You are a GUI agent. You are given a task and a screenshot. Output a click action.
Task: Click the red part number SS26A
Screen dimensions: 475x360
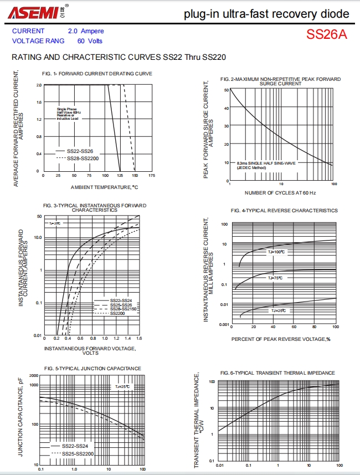(327, 34)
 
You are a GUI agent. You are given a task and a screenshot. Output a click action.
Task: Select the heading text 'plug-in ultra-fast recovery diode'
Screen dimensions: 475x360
(267, 14)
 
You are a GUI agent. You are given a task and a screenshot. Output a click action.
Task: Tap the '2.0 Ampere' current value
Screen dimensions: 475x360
(86, 32)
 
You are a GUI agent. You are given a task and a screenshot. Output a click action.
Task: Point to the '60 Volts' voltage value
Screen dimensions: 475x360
(90, 40)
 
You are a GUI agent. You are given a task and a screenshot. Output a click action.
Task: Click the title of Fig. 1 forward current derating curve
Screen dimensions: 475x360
(97, 74)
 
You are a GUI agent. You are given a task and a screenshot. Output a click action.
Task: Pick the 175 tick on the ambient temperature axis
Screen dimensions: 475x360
(152, 176)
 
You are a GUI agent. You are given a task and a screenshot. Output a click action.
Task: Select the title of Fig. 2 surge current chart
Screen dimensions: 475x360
(280, 81)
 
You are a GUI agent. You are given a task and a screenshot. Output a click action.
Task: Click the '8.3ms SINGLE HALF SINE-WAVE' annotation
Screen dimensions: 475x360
(266, 164)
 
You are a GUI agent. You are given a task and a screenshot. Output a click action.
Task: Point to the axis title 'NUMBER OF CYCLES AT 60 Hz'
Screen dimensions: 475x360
(280, 192)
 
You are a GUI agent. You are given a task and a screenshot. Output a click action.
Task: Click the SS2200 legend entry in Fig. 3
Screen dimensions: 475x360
(117, 314)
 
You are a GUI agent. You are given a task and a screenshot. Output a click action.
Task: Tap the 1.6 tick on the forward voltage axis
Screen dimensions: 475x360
(139, 338)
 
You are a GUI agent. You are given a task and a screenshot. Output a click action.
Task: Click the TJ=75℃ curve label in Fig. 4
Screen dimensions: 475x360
(275, 278)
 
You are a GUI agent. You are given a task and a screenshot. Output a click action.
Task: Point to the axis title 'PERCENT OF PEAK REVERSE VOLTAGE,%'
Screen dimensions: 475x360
(280, 338)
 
